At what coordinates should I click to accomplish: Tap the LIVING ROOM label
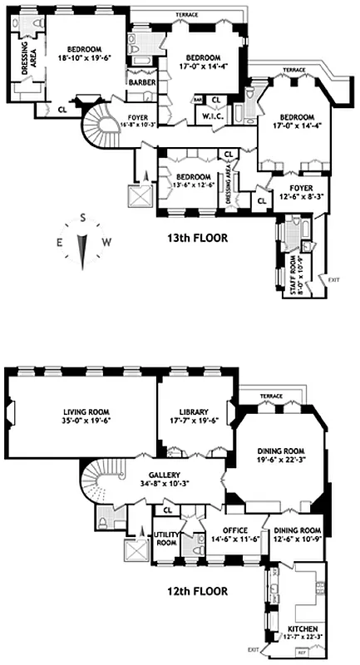click(91, 411)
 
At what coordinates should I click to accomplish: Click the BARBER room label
click(139, 81)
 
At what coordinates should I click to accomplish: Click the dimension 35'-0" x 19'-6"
click(91, 421)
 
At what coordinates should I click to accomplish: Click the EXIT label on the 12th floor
click(253, 649)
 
